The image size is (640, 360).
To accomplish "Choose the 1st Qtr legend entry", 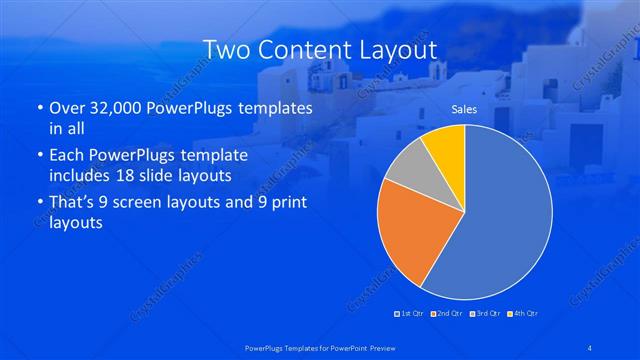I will [410, 314].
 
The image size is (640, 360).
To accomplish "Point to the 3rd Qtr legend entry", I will [486, 314].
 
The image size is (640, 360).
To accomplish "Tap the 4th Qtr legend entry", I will [523, 314].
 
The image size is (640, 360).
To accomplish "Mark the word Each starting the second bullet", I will [68, 156].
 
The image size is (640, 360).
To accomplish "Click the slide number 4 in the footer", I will [591, 347].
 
